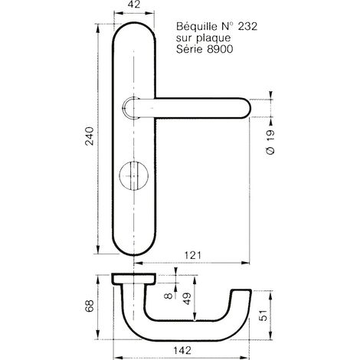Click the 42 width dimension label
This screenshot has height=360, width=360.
tap(134, 5)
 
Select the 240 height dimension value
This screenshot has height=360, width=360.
tap(90, 136)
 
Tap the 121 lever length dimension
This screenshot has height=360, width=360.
tap(193, 255)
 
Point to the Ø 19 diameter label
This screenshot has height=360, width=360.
tap(270, 142)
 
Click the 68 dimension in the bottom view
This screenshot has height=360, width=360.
tap(90, 306)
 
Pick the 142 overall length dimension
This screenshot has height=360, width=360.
tap(182, 350)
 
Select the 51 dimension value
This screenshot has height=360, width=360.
tap(263, 316)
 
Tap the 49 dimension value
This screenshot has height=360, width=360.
tap(187, 299)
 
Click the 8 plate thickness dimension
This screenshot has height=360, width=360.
tap(169, 296)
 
